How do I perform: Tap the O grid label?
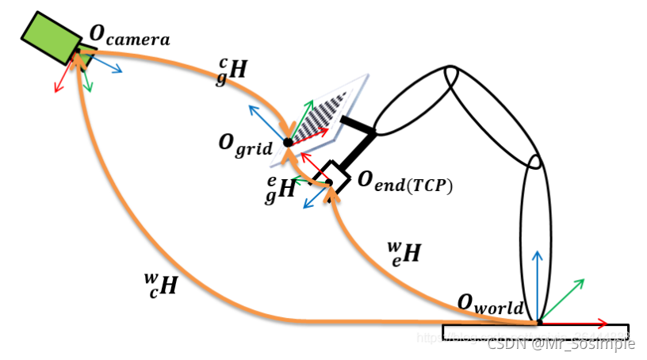[x=246, y=145]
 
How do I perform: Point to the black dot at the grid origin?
[x=288, y=142]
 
